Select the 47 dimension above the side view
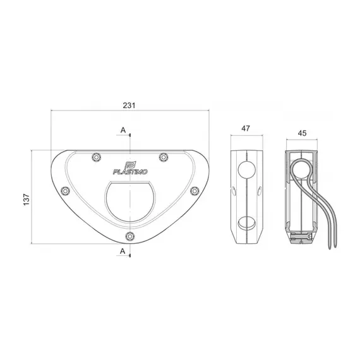[246, 129]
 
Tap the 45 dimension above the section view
[301, 134]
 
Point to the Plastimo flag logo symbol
[131, 160]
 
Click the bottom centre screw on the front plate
[129, 236]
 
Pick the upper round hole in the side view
[246, 169]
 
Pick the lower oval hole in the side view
[246, 222]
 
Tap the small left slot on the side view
[232, 191]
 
